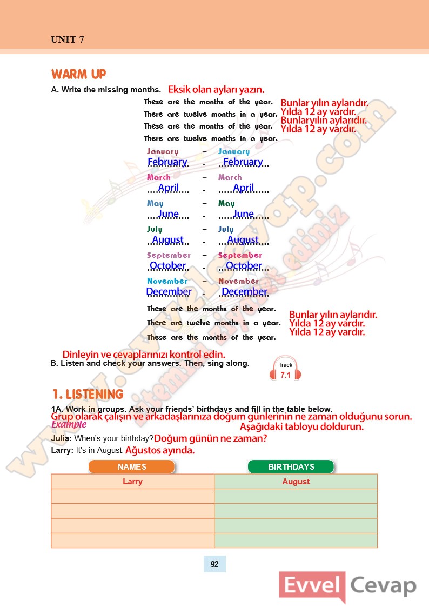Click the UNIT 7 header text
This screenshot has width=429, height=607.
click(x=67, y=39)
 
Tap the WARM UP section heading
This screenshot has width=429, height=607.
click(x=78, y=74)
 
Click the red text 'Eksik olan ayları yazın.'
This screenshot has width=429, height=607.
click(x=216, y=89)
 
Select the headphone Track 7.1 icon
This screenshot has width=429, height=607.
click(x=285, y=369)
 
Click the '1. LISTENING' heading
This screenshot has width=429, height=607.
click(x=88, y=394)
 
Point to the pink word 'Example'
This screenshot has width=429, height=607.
click(x=69, y=424)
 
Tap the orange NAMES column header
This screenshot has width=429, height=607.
click(x=132, y=466)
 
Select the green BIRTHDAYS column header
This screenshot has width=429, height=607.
click(x=291, y=466)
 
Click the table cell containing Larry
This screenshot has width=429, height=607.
click(x=132, y=482)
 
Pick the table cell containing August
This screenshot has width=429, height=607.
click(x=296, y=482)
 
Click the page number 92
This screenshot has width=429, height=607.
click(x=215, y=564)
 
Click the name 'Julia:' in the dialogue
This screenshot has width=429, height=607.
click(x=62, y=438)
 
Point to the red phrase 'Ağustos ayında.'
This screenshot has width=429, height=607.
click(x=160, y=450)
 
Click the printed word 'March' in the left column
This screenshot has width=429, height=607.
click(x=158, y=177)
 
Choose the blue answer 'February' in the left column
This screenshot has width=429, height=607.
click(x=167, y=162)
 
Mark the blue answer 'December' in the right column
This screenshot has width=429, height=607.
click(x=244, y=291)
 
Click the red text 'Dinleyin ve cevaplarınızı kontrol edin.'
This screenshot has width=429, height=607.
click(x=144, y=355)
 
